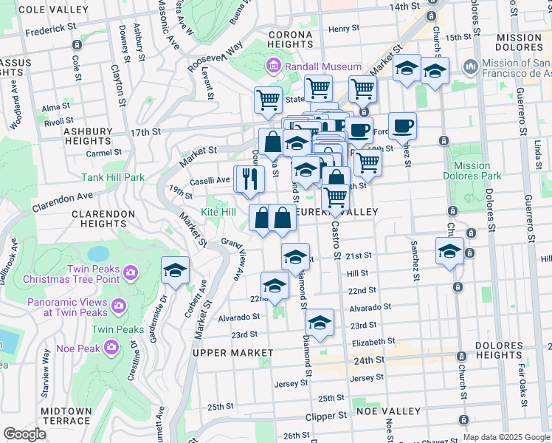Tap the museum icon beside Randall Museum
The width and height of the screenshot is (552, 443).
click(x=275, y=67)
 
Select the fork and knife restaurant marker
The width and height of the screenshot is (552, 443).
click(x=249, y=179)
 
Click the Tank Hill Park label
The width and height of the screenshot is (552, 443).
click(x=113, y=177)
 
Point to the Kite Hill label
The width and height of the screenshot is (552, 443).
click(x=218, y=212)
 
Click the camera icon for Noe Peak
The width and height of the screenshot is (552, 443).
click(x=111, y=346)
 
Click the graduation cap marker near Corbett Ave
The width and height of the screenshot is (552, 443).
click(x=176, y=270)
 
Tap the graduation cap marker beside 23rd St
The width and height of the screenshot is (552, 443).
click(x=320, y=322)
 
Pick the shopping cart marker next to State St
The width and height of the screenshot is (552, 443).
click(x=268, y=99)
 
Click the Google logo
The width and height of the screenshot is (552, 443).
click(x=24, y=434)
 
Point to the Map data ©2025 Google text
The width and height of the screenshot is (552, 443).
click(x=506, y=437)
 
